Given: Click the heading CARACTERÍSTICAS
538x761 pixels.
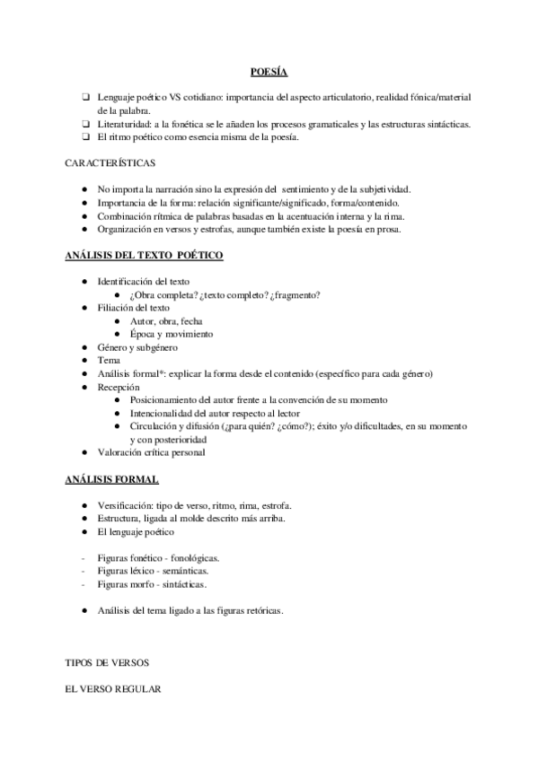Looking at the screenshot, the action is [110, 163].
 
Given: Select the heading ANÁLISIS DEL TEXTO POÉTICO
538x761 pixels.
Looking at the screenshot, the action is [145, 256].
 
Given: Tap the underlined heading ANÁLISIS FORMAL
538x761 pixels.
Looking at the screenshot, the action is [112, 479].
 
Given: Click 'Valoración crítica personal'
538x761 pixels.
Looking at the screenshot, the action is [152, 452].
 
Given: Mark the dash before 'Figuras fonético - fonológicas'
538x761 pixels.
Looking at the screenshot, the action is [84, 557].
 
